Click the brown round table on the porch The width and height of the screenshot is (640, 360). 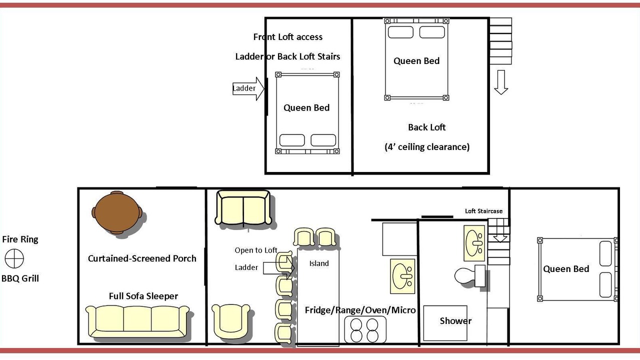tap(117, 212)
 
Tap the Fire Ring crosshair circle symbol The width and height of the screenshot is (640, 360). tap(14, 258)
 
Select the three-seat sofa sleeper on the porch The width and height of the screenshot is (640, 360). tap(137, 321)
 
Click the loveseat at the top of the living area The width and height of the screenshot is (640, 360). tap(243, 207)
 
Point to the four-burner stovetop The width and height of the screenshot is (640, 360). tap(365, 329)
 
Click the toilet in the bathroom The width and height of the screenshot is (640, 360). tap(469, 276)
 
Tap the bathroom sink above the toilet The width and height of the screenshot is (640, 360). tap(474, 243)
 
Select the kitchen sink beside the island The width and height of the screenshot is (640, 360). tap(402, 276)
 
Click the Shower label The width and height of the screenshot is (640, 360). tap(455, 321)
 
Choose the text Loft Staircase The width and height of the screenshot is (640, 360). tap(483, 211)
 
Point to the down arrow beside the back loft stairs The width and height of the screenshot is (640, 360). tap(501, 82)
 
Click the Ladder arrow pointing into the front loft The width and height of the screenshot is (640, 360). tap(248, 88)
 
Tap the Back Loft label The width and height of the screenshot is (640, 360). tap(426, 127)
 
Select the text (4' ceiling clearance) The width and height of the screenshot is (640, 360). tap(427, 147)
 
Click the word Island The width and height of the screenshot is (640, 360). tap(319, 263)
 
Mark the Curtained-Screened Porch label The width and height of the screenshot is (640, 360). tap(142, 258)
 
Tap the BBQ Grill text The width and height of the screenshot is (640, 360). tap(20, 278)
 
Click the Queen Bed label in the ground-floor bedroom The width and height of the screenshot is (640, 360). tap(566, 269)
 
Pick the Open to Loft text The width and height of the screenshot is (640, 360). tap(256, 250)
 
